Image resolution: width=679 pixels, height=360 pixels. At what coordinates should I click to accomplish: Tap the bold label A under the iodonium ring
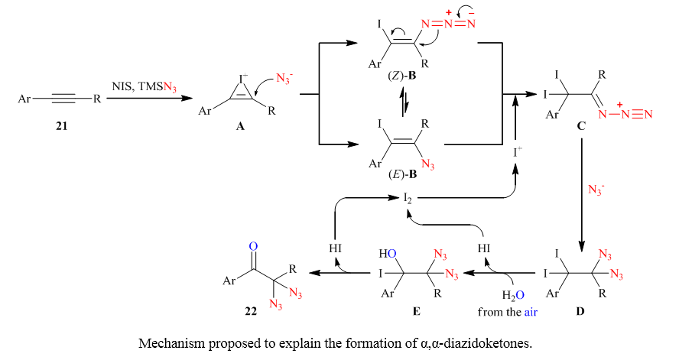(239, 130)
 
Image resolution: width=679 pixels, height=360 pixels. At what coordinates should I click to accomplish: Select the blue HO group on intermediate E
(389, 253)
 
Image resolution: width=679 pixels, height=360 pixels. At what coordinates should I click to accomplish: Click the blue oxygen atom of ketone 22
(254, 246)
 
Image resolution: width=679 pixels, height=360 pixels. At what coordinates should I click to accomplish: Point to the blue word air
(533, 312)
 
